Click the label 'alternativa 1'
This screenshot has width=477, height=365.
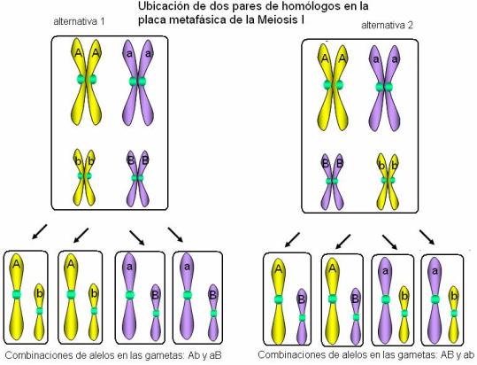pos(79,21)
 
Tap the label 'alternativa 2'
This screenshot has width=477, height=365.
pos(387,26)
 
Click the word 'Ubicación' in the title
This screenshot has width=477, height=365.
pos(164,7)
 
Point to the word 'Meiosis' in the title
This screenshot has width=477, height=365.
pos(276,20)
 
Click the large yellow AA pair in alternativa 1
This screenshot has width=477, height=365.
pos(87,81)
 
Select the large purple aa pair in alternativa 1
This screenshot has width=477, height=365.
pos(138,82)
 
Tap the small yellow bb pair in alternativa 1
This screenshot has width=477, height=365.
pos(84,177)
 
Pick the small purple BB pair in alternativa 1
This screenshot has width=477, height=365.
pos(138,179)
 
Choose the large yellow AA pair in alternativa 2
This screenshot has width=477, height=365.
pos(333,88)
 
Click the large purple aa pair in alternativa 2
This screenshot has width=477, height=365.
pos(384,88)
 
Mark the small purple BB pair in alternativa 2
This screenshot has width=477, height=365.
pos(332,182)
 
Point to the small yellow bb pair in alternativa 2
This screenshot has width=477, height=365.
pos(388,182)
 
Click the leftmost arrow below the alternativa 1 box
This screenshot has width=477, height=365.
pos(40,231)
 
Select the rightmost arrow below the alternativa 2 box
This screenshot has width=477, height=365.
pos(427,237)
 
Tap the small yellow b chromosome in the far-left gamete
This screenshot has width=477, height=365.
pos(39,312)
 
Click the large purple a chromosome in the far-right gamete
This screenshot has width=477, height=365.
pos(435,300)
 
